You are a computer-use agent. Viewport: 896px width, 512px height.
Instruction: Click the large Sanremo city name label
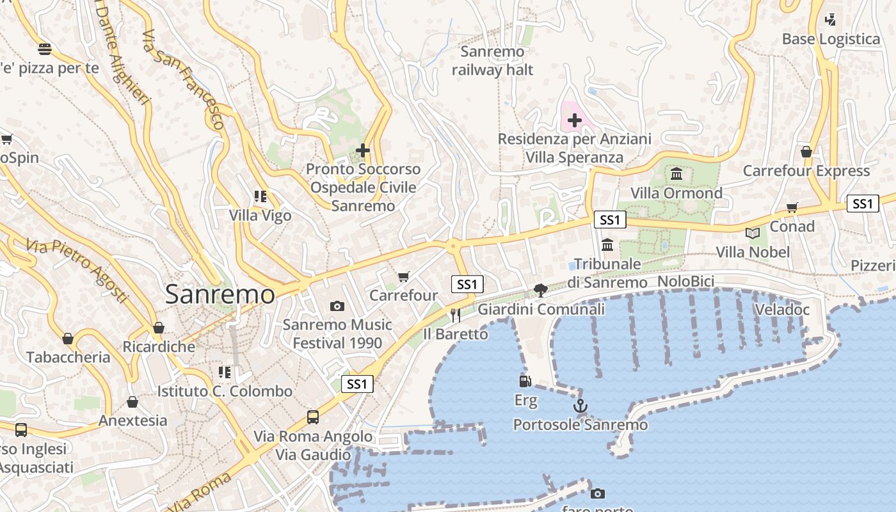coord(220,294)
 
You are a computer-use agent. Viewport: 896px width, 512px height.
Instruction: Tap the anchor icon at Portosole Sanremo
coord(580,406)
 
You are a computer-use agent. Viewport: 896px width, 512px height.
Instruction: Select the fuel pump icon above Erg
coord(525,381)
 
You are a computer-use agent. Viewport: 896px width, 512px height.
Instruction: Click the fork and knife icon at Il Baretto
coord(455,314)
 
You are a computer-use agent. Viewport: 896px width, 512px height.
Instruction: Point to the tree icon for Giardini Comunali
coord(541,291)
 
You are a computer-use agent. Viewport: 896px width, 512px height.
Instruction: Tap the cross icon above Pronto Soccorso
coord(363,150)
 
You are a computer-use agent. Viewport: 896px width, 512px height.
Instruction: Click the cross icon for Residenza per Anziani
coord(574,120)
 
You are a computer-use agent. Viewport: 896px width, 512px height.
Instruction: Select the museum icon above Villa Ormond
coord(676,173)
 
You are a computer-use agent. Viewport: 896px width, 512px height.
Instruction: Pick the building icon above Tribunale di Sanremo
coord(607,244)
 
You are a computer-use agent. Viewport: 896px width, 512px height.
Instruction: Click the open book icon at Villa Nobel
coord(753,234)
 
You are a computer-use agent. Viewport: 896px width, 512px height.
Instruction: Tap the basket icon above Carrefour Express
coord(806,152)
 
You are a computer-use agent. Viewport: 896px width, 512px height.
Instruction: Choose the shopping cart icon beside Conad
coord(792,207)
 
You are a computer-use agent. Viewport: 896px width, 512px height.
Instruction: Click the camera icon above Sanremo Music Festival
coord(337,307)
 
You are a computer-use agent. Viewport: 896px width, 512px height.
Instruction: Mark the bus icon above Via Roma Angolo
coord(313,417)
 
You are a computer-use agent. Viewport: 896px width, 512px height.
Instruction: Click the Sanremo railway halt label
coord(492,61)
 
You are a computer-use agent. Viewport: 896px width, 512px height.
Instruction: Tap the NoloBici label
coord(686,282)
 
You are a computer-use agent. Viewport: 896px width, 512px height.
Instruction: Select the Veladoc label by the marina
coord(782,310)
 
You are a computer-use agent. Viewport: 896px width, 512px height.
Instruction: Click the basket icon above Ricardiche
coord(158,328)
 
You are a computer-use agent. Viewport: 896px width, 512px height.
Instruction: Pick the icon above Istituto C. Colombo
coord(224,372)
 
